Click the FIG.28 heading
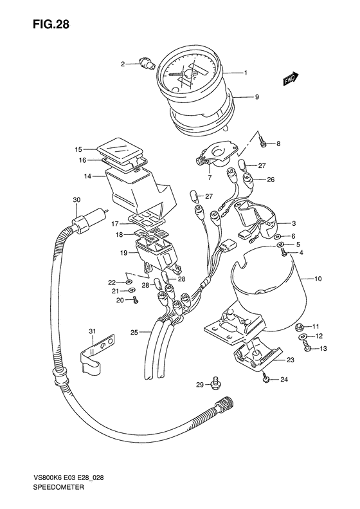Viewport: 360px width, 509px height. pyautogui.click(x=51, y=24)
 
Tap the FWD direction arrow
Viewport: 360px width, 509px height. pyautogui.click(x=290, y=79)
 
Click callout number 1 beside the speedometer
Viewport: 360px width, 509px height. pyautogui.click(x=246, y=73)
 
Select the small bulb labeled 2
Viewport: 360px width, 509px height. pyautogui.click(x=147, y=62)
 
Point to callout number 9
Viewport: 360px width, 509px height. pyautogui.click(x=256, y=97)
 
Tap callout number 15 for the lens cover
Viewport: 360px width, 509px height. pyautogui.click(x=78, y=149)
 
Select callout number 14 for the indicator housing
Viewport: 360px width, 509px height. pyautogui.click(x=87, y=176)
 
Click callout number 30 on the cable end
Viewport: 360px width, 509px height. pyautogui.click(x=76, y=199)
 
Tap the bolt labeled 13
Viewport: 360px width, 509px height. pyautogui.click(x=307, y=346)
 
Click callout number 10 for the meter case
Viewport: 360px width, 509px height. pyautogui.click(x=318, y=279)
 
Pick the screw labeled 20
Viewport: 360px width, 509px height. pyautogui.click(x=135, y=300)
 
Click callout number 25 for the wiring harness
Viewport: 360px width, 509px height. pyautogui.click(x=134, y=333)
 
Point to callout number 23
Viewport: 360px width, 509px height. pyautogui.click(x=291, y=360)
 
